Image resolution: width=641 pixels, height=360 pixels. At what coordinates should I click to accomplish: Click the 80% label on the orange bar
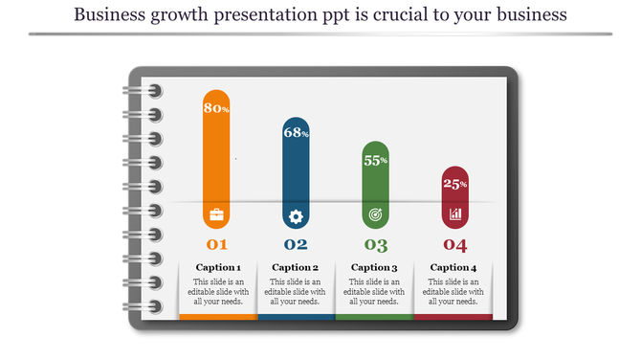click(x=216, y=108)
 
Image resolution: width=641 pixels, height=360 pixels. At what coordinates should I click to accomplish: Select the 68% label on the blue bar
click(x=296, y=132)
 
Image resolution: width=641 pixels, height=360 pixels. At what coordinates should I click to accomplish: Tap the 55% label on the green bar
click(x=375, y=160)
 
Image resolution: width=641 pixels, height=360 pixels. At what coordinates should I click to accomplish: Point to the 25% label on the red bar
click(x=454, y=184)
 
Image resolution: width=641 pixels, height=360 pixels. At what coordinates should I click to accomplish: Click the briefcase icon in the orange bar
click(x=216, y=214)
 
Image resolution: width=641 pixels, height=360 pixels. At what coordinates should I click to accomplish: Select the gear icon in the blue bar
click(x=296, y=215)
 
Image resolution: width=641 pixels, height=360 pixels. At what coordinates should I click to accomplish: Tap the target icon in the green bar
click(x=375, y=215)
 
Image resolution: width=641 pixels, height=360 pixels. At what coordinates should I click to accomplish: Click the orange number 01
click(x=217, y=244)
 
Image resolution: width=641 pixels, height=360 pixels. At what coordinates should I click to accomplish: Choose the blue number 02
click(x=296, y=244)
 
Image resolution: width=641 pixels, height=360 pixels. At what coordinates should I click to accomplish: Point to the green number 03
click(x=375, y=244)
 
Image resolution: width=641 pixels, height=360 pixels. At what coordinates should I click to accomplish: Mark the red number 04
click(x=454, y=244)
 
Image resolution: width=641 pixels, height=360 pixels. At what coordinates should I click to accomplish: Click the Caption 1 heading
click(x=218, y=267)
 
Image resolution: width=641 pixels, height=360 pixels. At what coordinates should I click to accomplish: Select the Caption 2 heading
click(x=295, y=267)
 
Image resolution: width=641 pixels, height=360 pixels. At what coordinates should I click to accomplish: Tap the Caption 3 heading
click(x=374, y=267)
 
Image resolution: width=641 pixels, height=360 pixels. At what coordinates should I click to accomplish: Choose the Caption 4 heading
click(x=453, y=267)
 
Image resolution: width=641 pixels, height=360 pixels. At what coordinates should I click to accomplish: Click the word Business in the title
click(x=109, y=15)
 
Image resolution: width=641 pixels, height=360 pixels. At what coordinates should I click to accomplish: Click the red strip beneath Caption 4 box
click(x=453, y=316)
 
